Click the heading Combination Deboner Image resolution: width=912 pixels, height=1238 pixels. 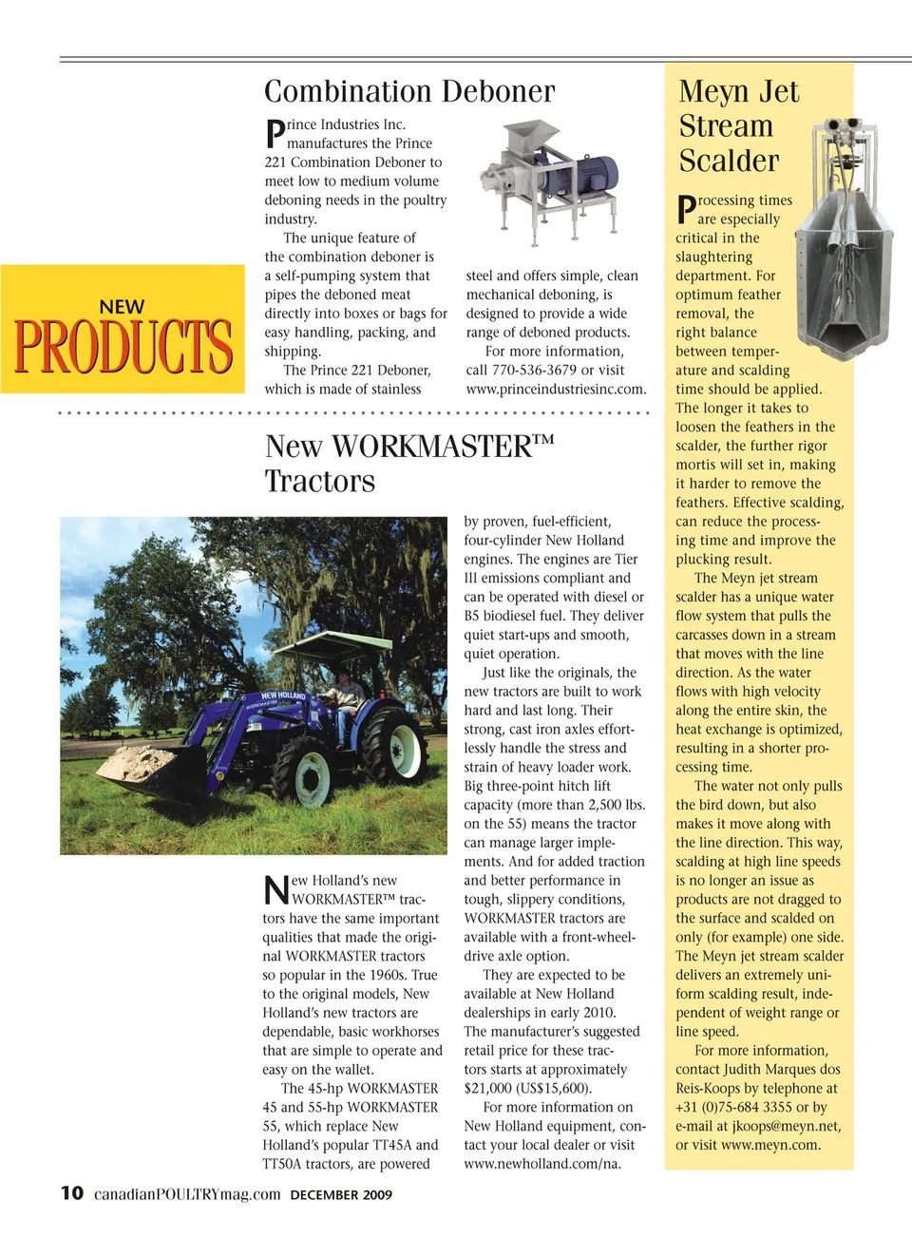click(x=409, y=92)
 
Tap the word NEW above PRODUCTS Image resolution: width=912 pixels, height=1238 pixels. click(x=122, y=307)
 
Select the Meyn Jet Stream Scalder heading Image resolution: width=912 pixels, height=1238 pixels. click(x=739, y=126)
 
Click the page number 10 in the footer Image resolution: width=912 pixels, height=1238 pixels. click(x=71, y=1193)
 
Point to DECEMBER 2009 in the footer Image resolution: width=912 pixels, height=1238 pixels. click(x=341, y=1194)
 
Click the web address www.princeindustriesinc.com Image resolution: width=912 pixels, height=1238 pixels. click(x=556, y=389)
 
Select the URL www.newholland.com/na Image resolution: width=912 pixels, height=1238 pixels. click(x=542, y=1164)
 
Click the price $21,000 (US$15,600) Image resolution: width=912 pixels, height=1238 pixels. click(x=527, y=1088)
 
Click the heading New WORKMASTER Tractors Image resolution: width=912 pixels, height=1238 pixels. click(x=408, y=463)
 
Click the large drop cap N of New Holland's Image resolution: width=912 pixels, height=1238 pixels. click(x=275, y=890)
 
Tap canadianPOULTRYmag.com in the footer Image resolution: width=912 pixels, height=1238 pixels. click(x=187, y=1194)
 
